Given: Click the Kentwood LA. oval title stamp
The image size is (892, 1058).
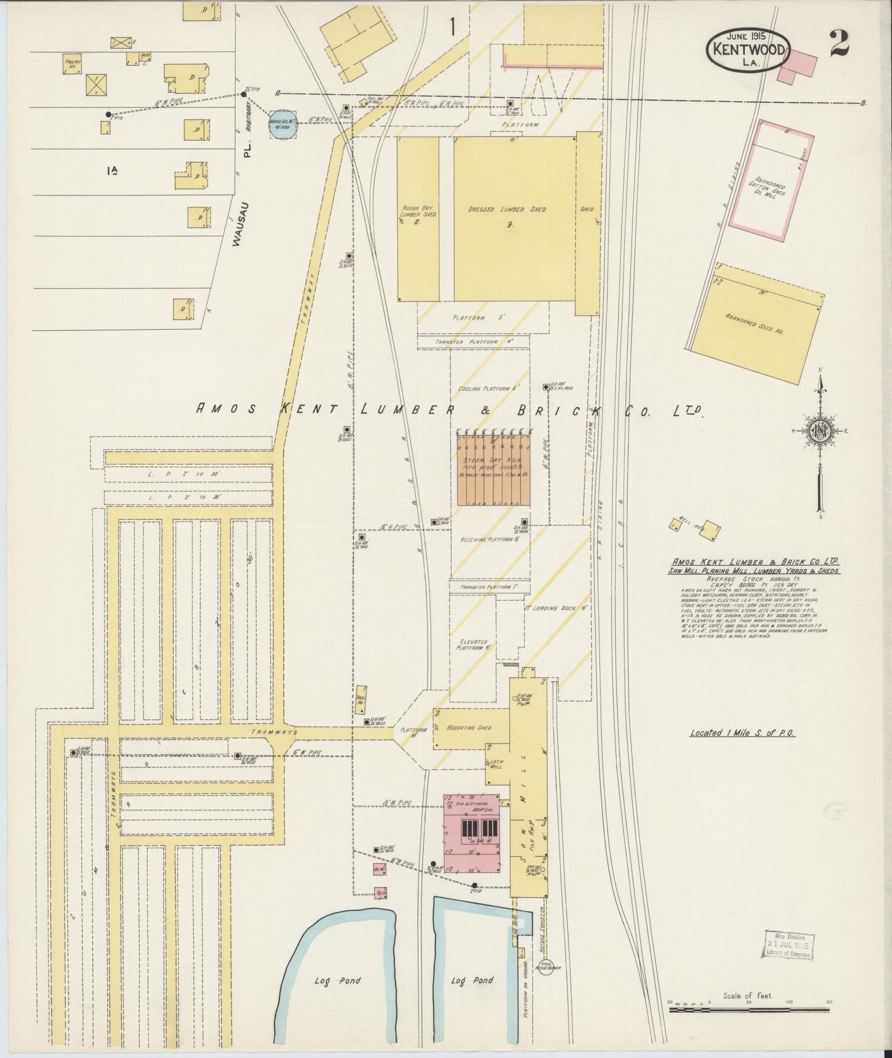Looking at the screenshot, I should pos(748,49).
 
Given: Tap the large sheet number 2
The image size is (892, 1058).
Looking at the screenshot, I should pos(839,43).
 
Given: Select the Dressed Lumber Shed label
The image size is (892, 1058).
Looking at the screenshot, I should pos(507,210).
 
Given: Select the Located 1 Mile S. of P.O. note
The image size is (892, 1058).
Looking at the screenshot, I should pos(742,733).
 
